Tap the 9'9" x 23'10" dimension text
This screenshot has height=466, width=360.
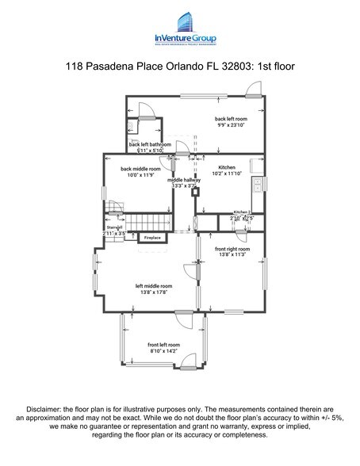coord(231,124)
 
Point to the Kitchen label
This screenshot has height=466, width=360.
coord(229,168)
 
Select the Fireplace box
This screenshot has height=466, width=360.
coord(152,237)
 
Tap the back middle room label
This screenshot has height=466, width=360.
coord(140,169)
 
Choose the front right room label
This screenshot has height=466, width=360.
coord(232,249)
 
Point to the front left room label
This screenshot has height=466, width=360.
coord(163,346)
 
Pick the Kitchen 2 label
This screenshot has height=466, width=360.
coord(242,213)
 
